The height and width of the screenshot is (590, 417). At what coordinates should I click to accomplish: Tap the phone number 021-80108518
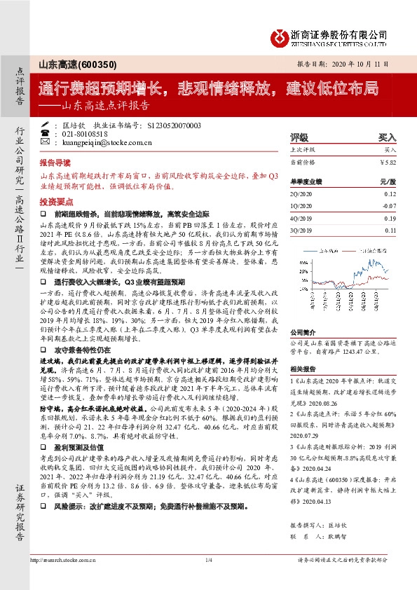point(84,133)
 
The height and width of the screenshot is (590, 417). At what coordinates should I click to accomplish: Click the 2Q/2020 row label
point(300,193)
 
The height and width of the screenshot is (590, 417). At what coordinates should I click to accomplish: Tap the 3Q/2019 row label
point(300,229)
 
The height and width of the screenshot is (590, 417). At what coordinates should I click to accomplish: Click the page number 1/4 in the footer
point(208,579)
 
